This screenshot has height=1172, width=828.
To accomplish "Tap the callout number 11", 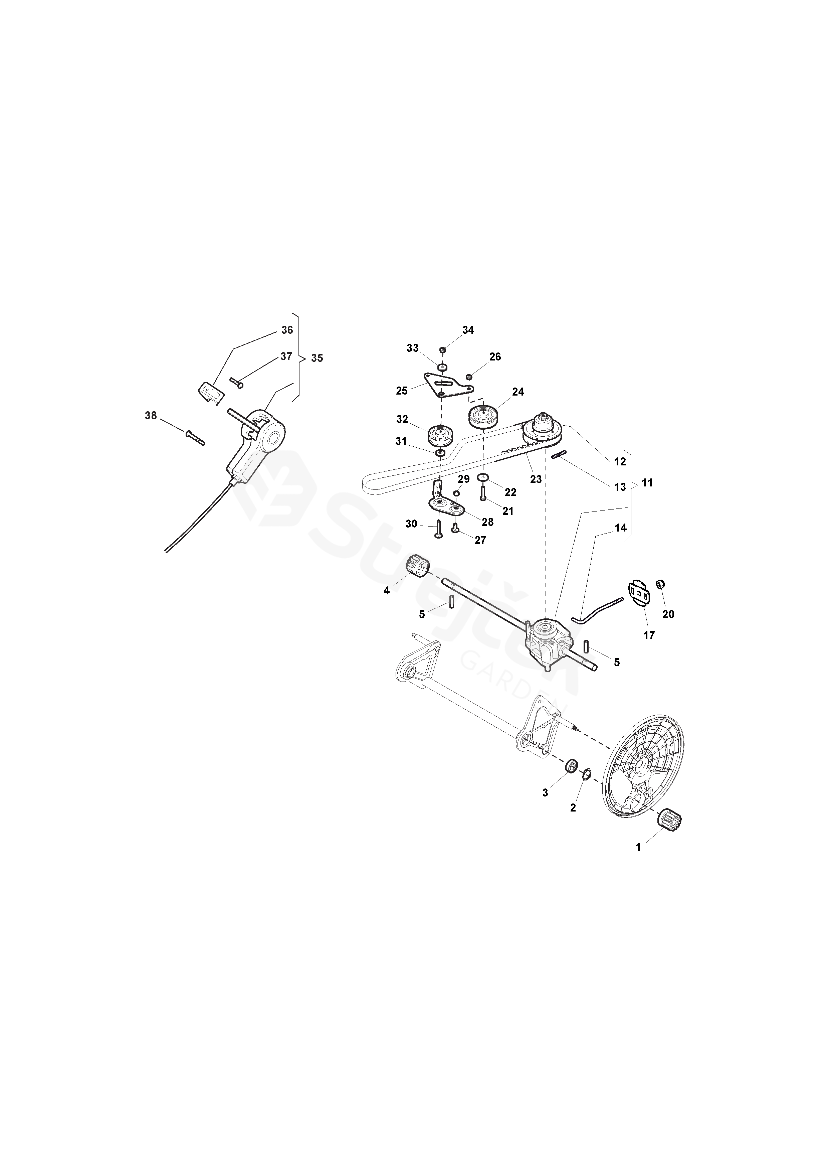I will [647, 482].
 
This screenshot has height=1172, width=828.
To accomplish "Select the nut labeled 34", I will [443, 350].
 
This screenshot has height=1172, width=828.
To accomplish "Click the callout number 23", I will [536, 479].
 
